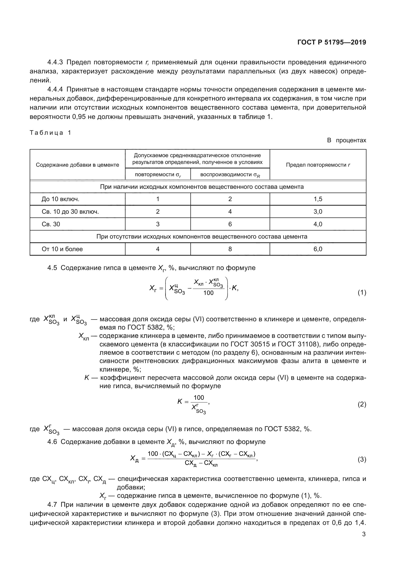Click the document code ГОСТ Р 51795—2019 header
332,42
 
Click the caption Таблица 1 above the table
51,133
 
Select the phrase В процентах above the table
347,140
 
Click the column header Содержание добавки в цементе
77,165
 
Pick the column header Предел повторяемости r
318,165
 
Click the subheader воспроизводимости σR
230,175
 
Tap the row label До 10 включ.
60,199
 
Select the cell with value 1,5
318,199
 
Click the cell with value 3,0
318,211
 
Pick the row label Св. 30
51,224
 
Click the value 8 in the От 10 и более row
230,249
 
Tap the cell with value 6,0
318,249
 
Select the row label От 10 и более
62,249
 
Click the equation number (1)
362,292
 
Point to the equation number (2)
362,404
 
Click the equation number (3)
362,459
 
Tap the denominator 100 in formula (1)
208,293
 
